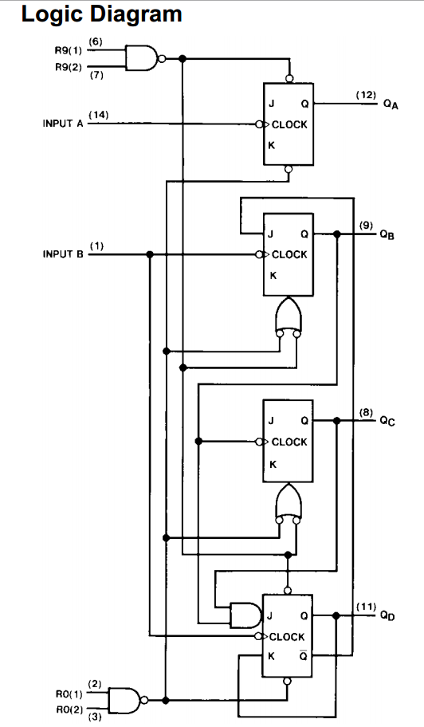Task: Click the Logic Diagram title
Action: tap(101, 14)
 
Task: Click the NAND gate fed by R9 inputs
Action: tap(140, 58)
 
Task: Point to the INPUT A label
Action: tap(63, 124)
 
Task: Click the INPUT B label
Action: tap(63, 254)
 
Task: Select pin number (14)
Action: tap(99, 115)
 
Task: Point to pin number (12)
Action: tap(366, 95)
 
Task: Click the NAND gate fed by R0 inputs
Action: tap(124, 699)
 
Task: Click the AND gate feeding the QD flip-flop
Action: tap(242, 615)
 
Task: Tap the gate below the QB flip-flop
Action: tap(288, 316)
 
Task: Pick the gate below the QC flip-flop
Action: tap(288, 503)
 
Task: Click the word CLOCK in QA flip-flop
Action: tap(289, 124)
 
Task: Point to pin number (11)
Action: tap(366, 607)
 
